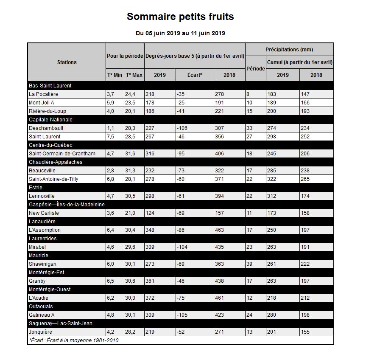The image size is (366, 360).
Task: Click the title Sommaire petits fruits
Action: pyautogui.click(x=180, y=17)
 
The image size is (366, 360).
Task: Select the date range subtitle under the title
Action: pyautogui.click(x=180, y=33)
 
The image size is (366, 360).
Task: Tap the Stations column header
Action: pyautogui.click(x=67, y=62)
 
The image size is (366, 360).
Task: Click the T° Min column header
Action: pyautogui.click(x=114, y=75)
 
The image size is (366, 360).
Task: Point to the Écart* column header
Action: pyautogui.click(x=195, y=75)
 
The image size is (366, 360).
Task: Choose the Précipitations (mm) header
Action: pyautogui.click(x=289, y=50)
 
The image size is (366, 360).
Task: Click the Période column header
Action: pyautogui.click(x=255, y=68)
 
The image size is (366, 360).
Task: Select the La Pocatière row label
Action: pyautogui.click(x=44, y=94)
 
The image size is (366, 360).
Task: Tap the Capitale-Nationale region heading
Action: pyautogui.click(x=50, y=119)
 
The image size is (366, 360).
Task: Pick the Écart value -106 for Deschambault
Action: pyautogui.click(x=183, y=128)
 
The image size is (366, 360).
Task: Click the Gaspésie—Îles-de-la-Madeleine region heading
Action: pyautogui.click(x=67, y=204)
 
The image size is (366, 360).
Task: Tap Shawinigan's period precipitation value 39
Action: pyautogui.click(x=250, y=264)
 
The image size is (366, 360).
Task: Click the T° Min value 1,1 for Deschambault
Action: pyautogui.click(x=111, y=128)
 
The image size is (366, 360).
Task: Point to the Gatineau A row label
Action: pyautogui.click(x=42, y=315)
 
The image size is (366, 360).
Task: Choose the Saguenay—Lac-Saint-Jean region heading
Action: pyautogui.click(x=60, y=323)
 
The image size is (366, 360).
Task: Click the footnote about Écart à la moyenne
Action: pyautogui.click(x=73, y=340)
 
